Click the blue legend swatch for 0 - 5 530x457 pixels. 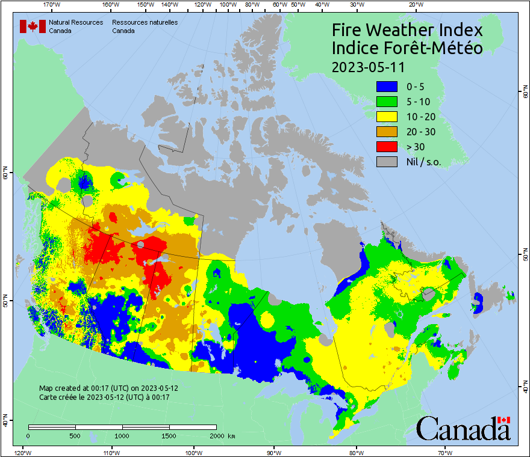click(x=387, y=86)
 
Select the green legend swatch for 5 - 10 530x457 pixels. click(x=387, y=101)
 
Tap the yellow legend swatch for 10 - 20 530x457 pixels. click(x=387, y=116)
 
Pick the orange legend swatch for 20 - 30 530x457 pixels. click(x=387, y=131)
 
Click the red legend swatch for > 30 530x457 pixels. click(x=387, y=146)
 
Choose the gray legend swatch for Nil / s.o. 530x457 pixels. click(x=387, y=161)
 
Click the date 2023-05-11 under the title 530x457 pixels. click(x=368, y=66)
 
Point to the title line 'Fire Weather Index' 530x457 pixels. click(x=408, y=31)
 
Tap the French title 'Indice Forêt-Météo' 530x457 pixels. click(x=408, y=48)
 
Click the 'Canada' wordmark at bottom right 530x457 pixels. click(x=463, y=428)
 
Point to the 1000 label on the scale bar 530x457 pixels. click(x=122, y=435)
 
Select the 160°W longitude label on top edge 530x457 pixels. click(x=109, y=4)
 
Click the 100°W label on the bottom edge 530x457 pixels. click(x=193, y=452)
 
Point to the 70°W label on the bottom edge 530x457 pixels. click(x=445, y=452)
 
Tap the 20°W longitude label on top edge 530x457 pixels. click(x=414, y=4)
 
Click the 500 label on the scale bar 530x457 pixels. click(x=75, y=435)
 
